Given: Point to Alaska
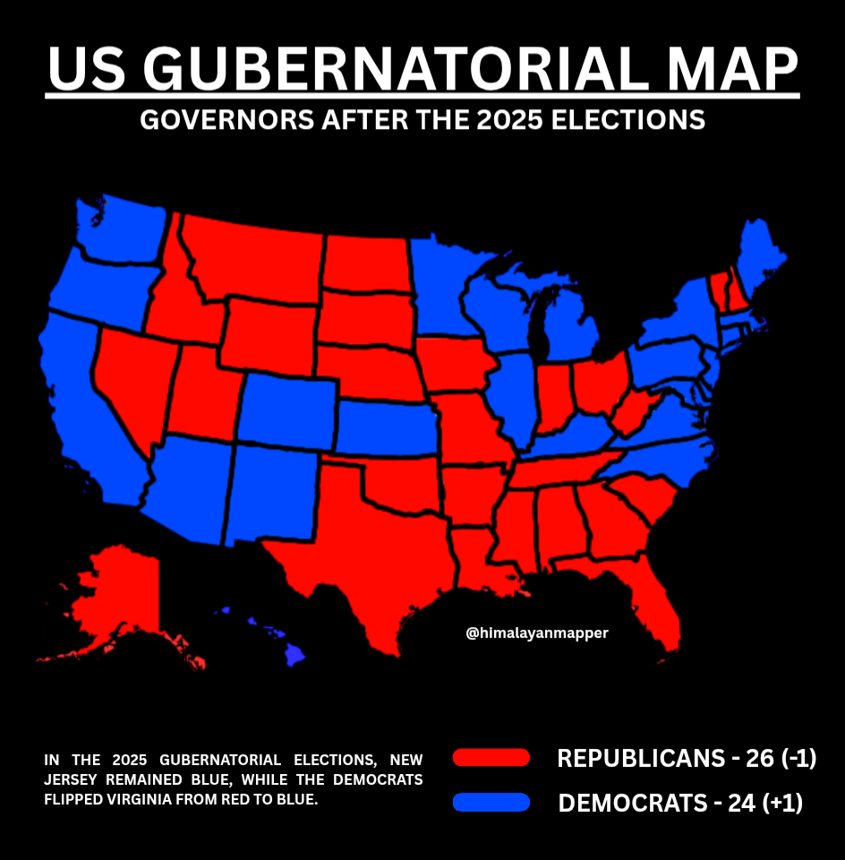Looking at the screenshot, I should coord(116,600).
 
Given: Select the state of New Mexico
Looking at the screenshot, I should coord(269,493).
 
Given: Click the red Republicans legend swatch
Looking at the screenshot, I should coord(491,758).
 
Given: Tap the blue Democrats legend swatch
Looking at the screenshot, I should coord(491,802).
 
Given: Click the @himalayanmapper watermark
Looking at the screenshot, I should coord(537,632).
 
